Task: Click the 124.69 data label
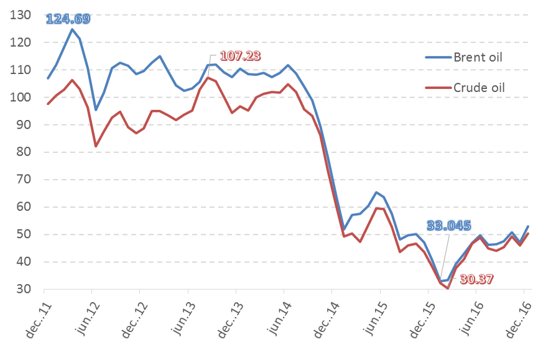[x=68, y=19]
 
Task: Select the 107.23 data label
[x=239, y=55]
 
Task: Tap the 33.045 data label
[x=448, y=226]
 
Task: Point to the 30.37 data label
[x=476, y=280]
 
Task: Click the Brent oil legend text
[x=477, y=58]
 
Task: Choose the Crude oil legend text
[x=478, y=88]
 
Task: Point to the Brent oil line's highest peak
[x=72, y=29]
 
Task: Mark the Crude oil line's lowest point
[x=448, y=288]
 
